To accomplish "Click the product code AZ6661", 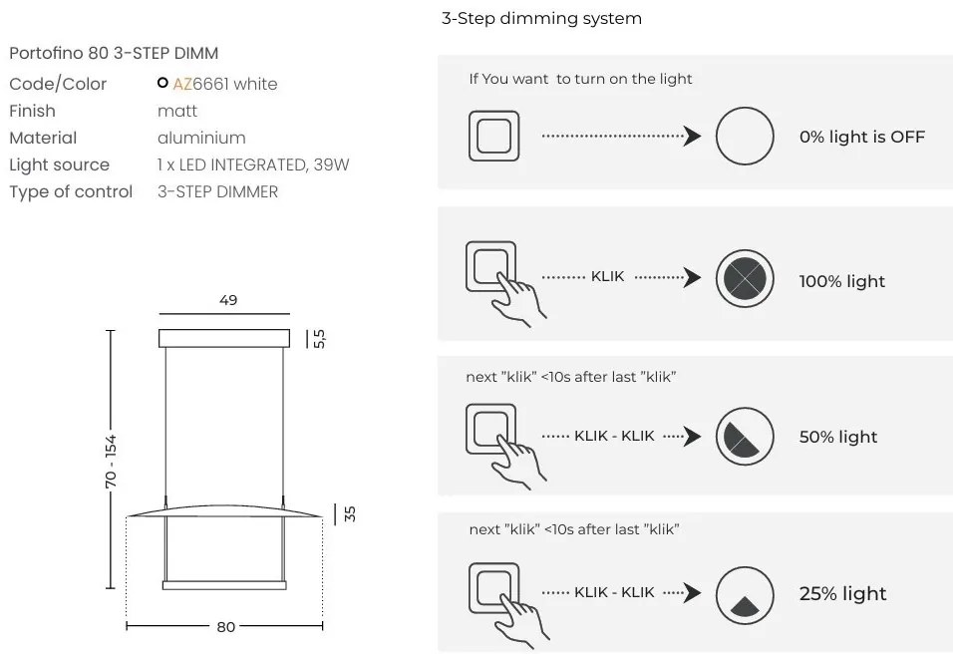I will click(200, 84).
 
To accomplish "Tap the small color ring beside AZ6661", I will click(162, 84).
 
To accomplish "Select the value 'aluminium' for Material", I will click(201, 138).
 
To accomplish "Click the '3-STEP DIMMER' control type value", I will click(217, 191).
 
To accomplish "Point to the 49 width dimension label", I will click(228, 300).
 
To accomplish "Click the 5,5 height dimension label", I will click(319, 339).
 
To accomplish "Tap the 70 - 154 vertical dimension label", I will click(111, 459).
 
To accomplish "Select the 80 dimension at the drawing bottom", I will click(226, 627).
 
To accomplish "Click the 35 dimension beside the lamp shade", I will click(349, 514).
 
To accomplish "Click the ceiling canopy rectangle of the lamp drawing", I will click(224, 339).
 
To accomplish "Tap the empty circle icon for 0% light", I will click(745, 137).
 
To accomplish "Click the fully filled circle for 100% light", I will click(745, 276).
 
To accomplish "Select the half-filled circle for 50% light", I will click(745, 436).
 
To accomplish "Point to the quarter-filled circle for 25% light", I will click(745, 594).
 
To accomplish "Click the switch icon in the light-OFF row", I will click(493, 137).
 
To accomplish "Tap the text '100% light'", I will click(841, 282).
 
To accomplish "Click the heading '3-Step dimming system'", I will click(541, 19).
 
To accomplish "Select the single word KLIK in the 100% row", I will click(607, 276).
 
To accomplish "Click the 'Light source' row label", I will click(59, 164).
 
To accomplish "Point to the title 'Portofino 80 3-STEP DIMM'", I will click(113, 53).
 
